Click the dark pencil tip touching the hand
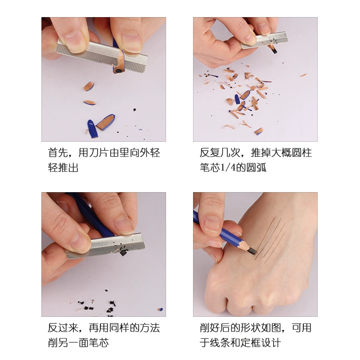tap(252, 251)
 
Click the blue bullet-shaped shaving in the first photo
tap(92, 129)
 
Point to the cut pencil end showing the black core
tap(118, 70)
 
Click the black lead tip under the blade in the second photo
tap(274, 51)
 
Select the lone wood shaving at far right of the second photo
tap(303, 75)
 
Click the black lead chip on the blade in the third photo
tap(123, 251)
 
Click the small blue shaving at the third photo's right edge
tap(161, 310)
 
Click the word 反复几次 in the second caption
tap(220, 153)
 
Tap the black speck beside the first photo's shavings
tap(135, 110)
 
